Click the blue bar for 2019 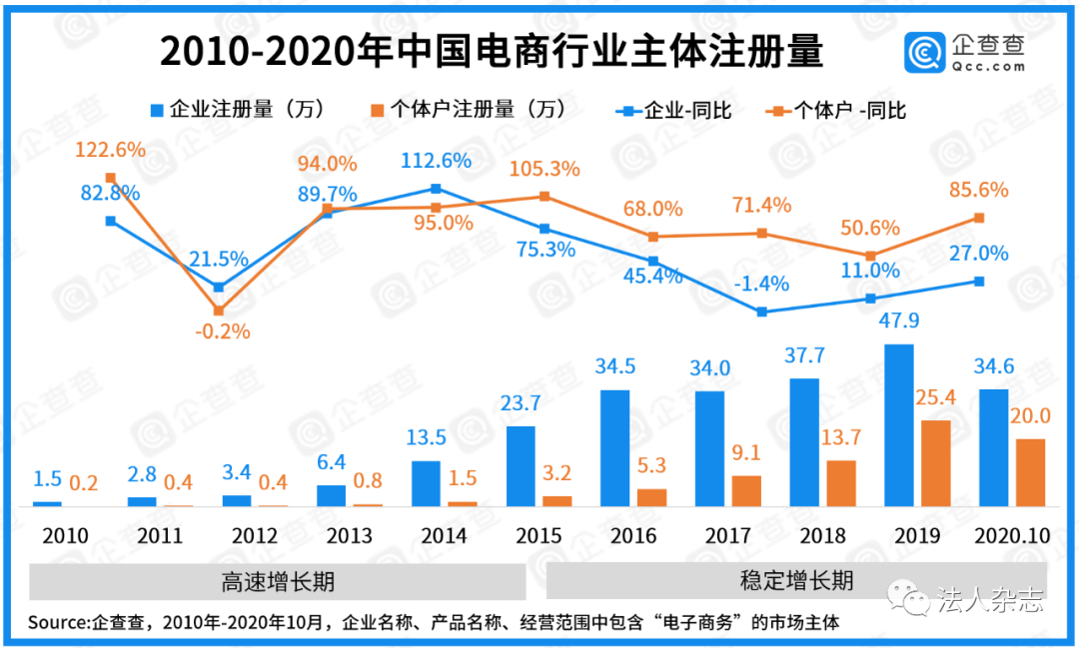(899, 425)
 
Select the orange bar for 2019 (934, 463)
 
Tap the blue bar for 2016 (615, 448)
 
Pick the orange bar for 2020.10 (1030, 472)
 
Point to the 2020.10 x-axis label (1012, 536)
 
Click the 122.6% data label (110, 151)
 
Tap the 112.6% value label (436, 161)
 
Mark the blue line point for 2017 (762, 312)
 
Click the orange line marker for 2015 (544, 196)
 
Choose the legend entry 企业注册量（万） (237, 109)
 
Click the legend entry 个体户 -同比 (837, 110)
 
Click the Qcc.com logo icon (925, 52)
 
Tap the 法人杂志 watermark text (990, 600)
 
